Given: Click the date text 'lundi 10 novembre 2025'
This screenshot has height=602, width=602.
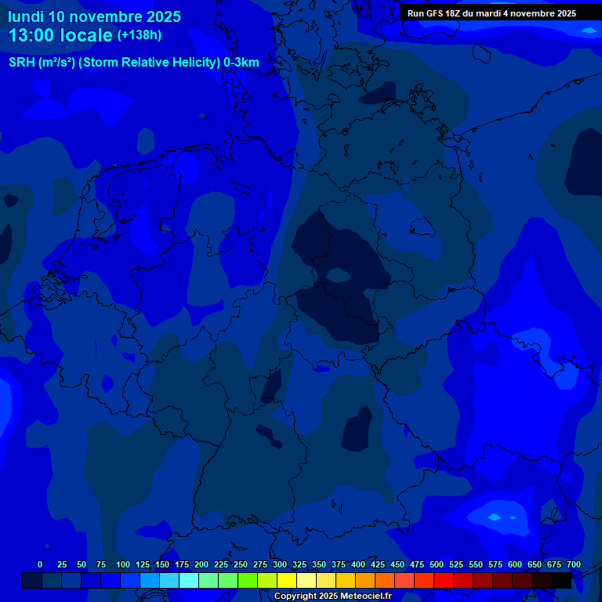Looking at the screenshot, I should (94, 16).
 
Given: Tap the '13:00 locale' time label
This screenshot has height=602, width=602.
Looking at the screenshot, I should (60, 35).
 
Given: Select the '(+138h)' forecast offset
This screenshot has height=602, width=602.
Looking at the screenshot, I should (140, 35).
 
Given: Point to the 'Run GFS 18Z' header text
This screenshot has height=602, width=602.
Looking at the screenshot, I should (436, 13).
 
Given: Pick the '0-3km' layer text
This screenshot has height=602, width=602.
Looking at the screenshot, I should (241, 63).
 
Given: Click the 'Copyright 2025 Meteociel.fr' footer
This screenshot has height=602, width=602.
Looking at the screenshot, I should (332, 596).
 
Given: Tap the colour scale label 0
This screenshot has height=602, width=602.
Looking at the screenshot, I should (40, 564).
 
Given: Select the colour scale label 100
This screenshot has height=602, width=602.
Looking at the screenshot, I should (123, 564).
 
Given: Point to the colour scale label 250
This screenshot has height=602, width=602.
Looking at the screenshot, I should (241, 564).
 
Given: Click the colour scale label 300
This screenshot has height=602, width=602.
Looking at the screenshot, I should (280, 564).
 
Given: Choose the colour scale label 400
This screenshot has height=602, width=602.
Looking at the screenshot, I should (358, 564).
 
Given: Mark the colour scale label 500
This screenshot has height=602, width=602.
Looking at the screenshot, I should (437, 564).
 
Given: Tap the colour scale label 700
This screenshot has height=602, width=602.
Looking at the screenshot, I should (574, 564).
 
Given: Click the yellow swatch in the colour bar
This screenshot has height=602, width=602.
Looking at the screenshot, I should (287, 580).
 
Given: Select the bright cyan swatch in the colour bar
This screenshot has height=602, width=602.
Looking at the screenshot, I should (189, 580).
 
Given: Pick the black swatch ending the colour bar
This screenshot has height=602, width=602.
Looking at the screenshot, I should (561, 580).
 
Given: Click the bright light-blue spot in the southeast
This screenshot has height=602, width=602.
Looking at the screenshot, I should (494, 517).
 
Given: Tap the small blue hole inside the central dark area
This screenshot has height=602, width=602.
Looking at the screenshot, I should (338, 274).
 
